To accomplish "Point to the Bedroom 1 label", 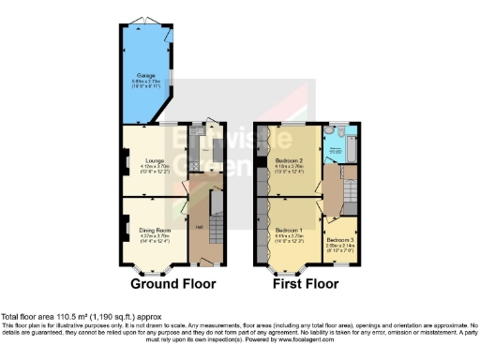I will (x=287, y=230).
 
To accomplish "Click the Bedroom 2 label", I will (x=287, y=160).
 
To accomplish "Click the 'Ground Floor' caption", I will (x=172, y=283).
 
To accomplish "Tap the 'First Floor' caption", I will (x=304, y=283).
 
